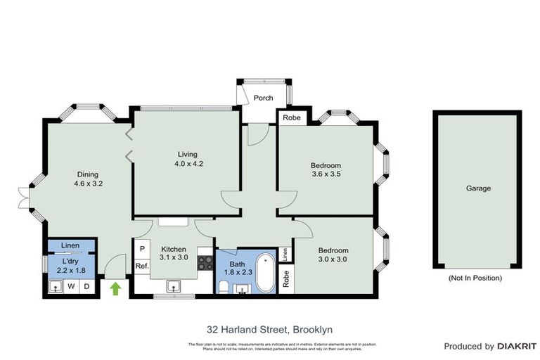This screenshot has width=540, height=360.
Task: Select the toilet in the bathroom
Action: (x=223, y=286)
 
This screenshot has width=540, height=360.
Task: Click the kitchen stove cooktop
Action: (x=205, y=263)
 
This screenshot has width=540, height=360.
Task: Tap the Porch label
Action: (x=263, y=98)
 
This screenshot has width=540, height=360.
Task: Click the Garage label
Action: (x=478, y=188)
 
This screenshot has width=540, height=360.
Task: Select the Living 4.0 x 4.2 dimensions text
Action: (x=187, y=164)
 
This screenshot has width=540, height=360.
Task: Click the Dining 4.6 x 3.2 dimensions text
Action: (x=88, y=184)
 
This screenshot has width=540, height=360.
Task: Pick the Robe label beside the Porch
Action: (x=291, y=118)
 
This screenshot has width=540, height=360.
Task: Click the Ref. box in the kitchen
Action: (x=141, y=266)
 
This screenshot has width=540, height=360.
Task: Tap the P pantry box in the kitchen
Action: (x=141, y=250)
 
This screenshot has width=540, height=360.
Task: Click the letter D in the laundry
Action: (x=86, y=286)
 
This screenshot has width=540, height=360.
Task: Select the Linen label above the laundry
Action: (x=70, y=245)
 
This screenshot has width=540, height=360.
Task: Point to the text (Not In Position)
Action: (x=475, y=278)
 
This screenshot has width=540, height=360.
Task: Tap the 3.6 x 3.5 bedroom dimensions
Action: (x=326, y=176)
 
